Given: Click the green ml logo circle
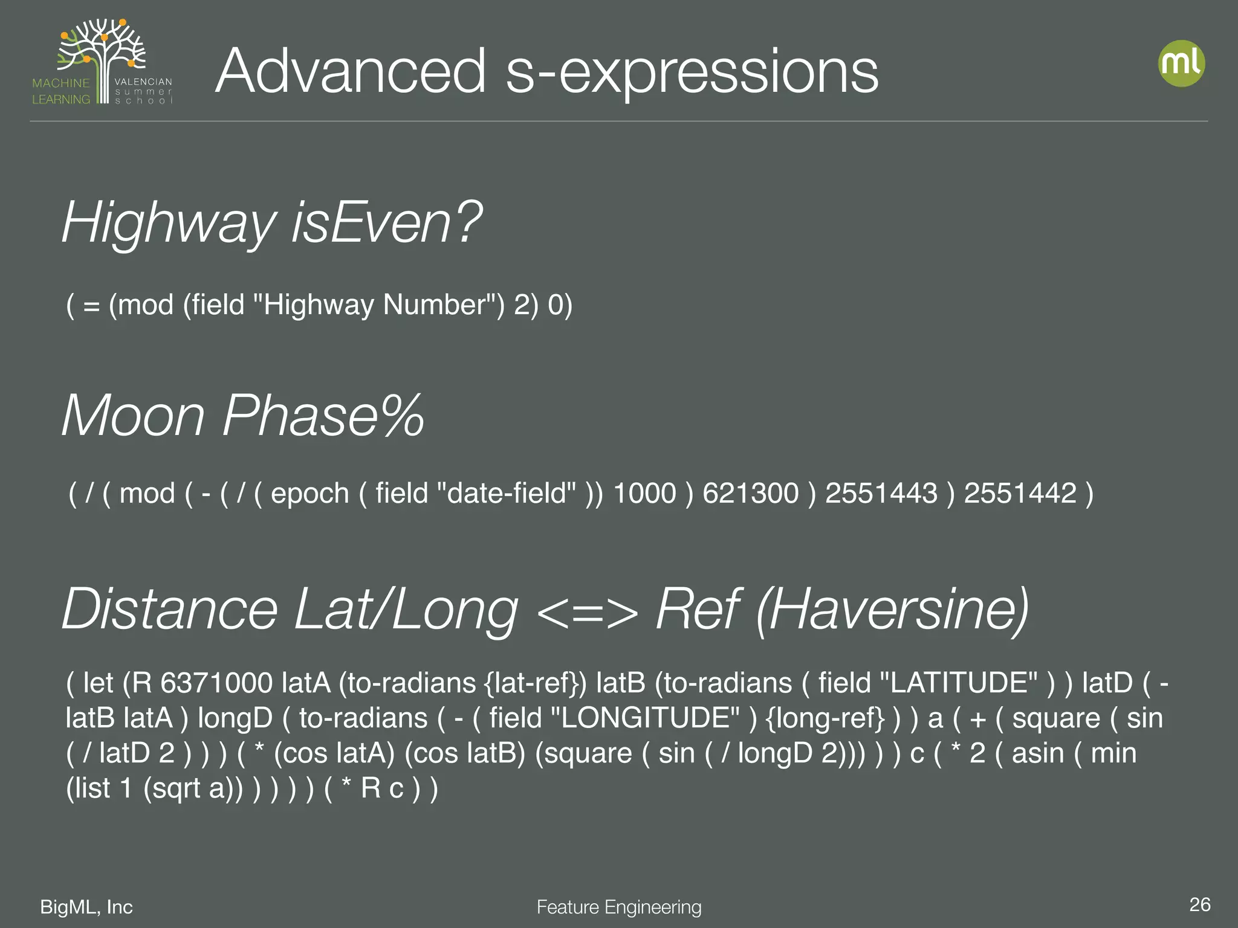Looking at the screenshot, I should click(1181, 63).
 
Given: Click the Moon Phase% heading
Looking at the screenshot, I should click(243, 416).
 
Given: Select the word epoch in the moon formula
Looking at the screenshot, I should click(309, 494).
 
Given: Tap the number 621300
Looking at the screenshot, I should click(750, 494).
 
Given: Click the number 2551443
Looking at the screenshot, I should click(881, 494).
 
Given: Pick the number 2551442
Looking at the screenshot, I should click(1020, 494).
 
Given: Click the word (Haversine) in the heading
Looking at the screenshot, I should click(892, 609).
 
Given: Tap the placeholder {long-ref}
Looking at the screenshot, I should click(825, 718).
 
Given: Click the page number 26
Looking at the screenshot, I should click(1199, 904).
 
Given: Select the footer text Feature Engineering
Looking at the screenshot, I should click(619, 907).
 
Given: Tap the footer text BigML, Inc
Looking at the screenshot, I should click(86, 907).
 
